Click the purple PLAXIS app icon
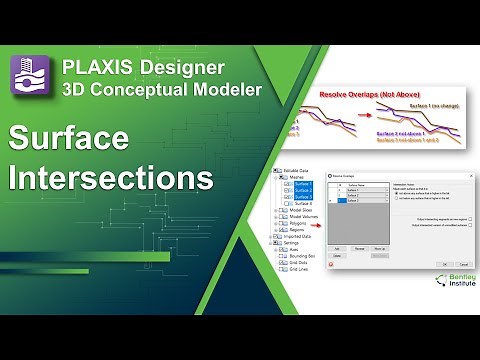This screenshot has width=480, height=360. (30, 74)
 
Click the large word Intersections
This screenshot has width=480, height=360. (111, 178)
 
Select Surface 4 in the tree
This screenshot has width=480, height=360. (304, 203)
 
